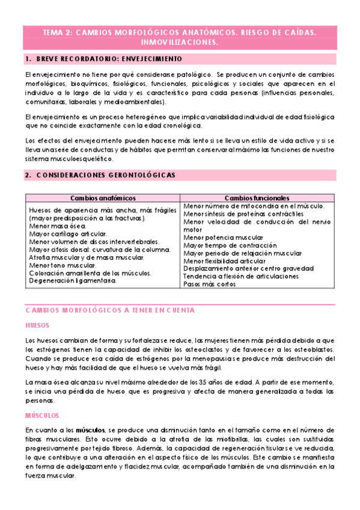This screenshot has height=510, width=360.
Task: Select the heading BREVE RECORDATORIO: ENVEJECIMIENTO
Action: point(108,60)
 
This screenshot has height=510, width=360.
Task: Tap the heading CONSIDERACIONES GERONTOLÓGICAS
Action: point(106,175)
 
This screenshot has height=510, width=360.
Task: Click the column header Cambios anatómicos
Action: point(103,198)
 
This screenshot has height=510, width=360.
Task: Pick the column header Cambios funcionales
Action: point(257,198)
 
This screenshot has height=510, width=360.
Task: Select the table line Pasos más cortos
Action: point(210,284)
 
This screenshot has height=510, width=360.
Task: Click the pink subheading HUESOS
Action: point(38,324)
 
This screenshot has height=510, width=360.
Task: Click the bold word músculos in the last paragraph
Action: point(89,430)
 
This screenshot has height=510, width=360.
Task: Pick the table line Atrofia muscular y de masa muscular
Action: point(87,257)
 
